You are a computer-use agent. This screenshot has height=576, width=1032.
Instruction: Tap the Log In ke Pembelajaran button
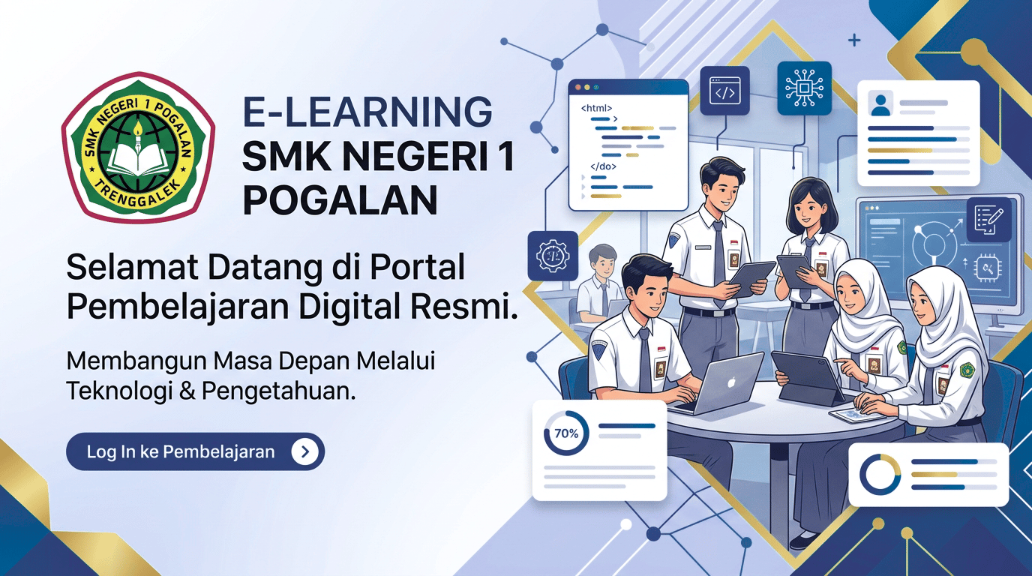pos(195,451)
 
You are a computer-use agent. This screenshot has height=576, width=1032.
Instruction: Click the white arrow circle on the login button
pos(305,451)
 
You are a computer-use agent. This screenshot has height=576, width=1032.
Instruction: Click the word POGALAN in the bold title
pos(340,200)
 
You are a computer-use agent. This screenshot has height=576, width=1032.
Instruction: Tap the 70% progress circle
pos(566,433)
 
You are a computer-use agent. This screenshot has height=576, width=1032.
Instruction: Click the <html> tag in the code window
pos(596,108)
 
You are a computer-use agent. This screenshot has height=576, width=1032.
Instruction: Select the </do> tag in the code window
pos(603,166)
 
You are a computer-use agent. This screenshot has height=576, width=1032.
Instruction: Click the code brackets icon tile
pos(724,90)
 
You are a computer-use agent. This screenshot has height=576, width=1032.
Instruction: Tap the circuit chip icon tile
pos(805,88)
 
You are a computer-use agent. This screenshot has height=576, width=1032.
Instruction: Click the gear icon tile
pos(553,256)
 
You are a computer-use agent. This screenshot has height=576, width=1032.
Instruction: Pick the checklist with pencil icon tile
pos(988,220)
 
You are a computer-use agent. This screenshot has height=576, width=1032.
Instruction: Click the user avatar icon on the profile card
pos(880,104)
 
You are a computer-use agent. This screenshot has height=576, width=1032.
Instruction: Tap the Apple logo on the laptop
pos(730,382)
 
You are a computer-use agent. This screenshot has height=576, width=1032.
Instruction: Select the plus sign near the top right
pos(854,40)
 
